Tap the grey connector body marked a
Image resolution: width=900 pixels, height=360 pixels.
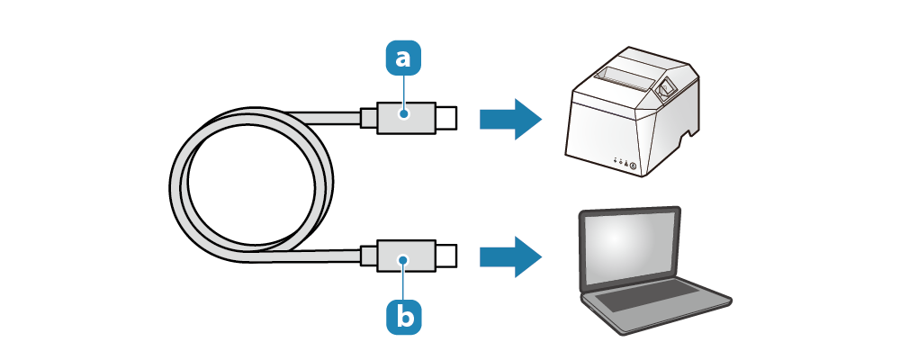pos(406,117)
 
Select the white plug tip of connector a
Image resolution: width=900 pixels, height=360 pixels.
pos(446,117)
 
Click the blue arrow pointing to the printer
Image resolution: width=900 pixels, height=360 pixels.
pos(509,118)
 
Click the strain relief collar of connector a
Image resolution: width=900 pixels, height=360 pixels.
pos(368,117)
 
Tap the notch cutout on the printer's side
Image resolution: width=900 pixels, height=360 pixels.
pos(688,142)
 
